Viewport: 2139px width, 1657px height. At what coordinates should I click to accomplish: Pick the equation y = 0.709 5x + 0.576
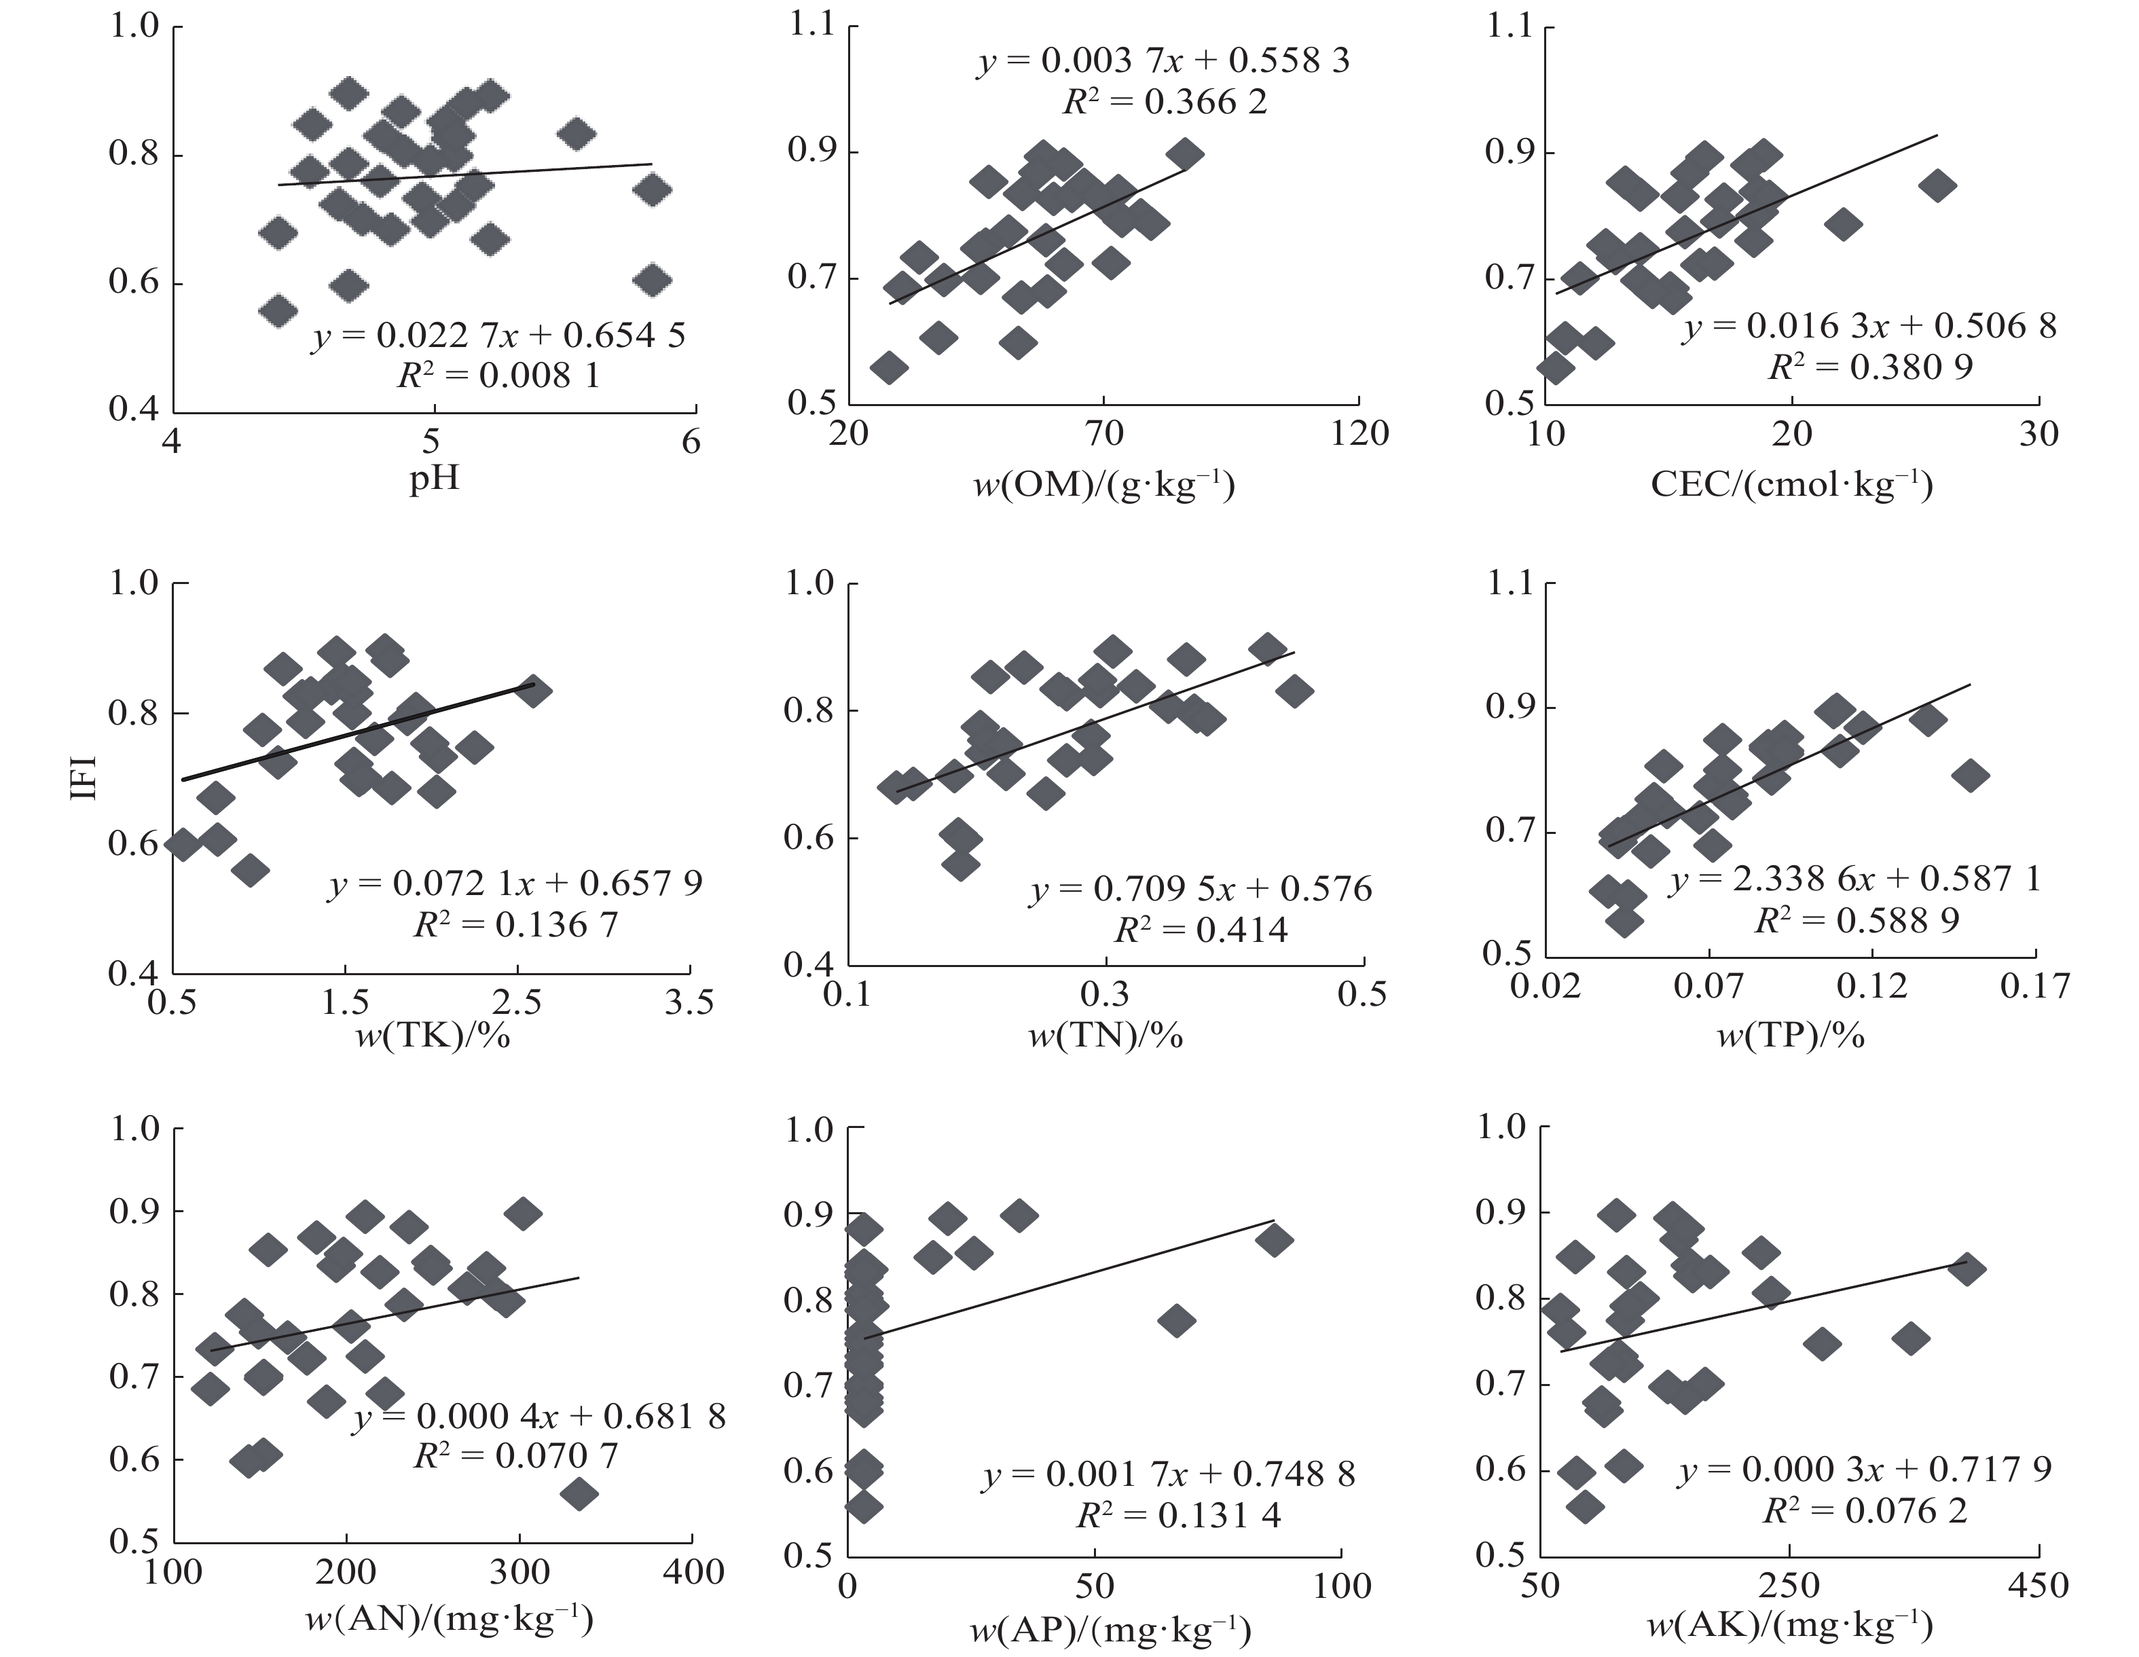tap(1201, 889)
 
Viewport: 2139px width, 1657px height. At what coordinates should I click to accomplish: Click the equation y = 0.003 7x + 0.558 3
tap(1163, 60)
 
